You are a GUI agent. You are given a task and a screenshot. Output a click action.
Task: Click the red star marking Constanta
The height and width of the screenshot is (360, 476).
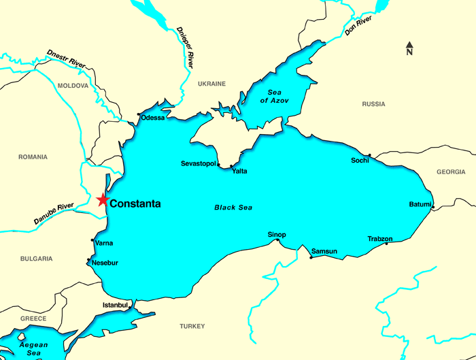pos(102,200)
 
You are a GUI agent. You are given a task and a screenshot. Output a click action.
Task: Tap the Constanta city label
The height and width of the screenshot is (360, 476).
pos(135,203)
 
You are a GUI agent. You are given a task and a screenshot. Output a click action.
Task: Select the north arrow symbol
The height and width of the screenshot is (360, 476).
pos(409,48)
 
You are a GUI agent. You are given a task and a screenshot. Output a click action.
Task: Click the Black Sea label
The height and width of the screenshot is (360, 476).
pos(233,208)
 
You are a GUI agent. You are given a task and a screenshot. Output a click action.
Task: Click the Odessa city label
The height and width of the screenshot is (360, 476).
pos(153,118)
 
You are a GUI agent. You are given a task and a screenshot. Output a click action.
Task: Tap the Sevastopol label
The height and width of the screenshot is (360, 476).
pos(198,164)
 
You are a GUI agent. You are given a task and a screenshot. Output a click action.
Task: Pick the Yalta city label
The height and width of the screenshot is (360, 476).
pos(239,171)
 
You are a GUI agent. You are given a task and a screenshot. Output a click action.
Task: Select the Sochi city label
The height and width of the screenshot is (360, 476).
pos(360,161)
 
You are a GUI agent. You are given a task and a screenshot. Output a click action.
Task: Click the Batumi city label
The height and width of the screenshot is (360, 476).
pos(420,204)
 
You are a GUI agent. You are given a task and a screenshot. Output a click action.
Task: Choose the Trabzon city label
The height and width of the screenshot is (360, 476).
pos(380,239)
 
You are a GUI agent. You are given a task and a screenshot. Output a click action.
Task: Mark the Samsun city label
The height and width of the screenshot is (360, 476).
pos(324,252)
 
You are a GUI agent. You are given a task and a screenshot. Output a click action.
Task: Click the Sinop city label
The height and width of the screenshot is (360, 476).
pos(276,235)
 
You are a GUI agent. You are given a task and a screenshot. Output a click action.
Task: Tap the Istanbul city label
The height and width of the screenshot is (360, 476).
pos(115,305)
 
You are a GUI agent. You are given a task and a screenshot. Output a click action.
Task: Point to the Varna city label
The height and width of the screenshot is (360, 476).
pos(104,243)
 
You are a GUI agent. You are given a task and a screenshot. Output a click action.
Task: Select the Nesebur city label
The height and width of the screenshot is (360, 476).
pos(105,263)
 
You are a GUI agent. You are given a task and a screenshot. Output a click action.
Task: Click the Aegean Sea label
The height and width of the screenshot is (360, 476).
pos(33,349)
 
